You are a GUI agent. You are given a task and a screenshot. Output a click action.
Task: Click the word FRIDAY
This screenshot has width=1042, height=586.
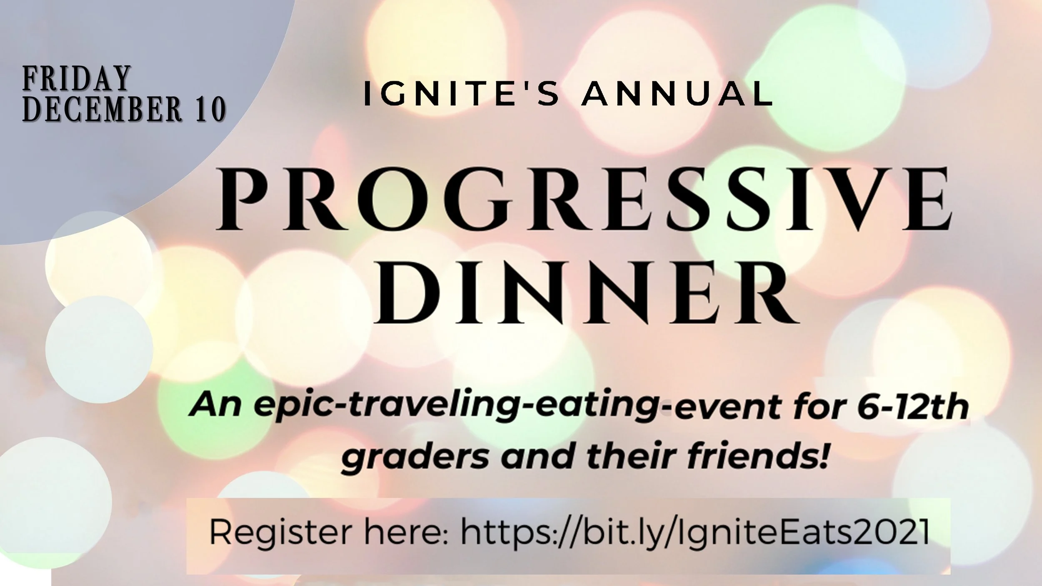click(x=75, y=78)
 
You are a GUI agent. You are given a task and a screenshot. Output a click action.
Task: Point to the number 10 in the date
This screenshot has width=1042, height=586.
click(x=208, y=109)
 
